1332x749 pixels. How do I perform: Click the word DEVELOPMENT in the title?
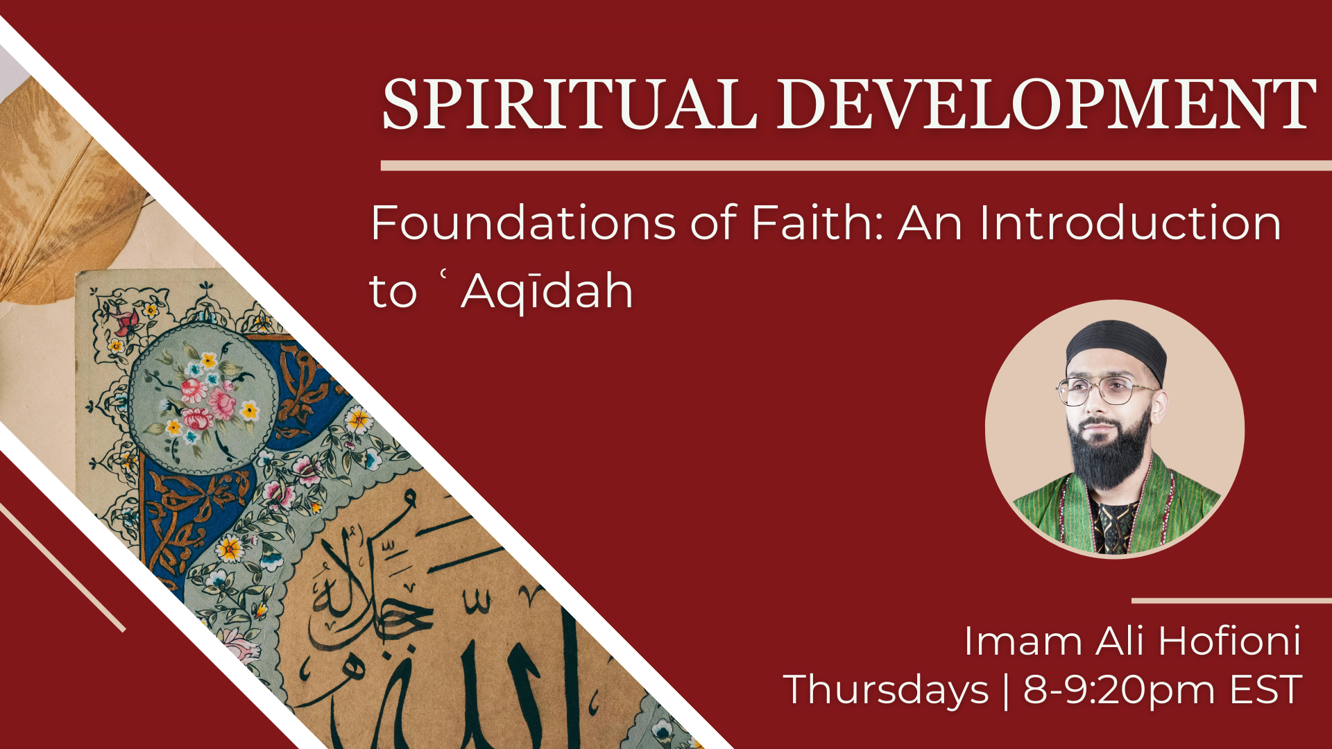point(1045,105)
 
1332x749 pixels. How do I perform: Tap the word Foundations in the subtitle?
point(523,223)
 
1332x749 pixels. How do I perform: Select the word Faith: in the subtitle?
point(817,223)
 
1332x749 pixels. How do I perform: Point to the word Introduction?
point(1130,223)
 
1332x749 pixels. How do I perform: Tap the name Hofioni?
point(1229,642)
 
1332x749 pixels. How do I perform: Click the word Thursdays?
point(886,690)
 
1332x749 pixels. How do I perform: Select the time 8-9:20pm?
point(1119,690)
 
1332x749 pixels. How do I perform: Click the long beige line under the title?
point(853,166)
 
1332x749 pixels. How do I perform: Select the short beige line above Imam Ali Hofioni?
point(1231,601)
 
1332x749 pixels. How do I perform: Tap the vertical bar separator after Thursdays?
point(1006,690)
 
